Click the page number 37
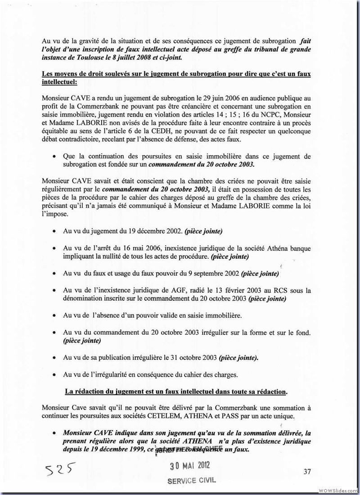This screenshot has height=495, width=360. coord(308,472)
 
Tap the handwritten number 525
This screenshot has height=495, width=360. coord(60,471)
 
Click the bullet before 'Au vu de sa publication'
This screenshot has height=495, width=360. coord(54,358)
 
